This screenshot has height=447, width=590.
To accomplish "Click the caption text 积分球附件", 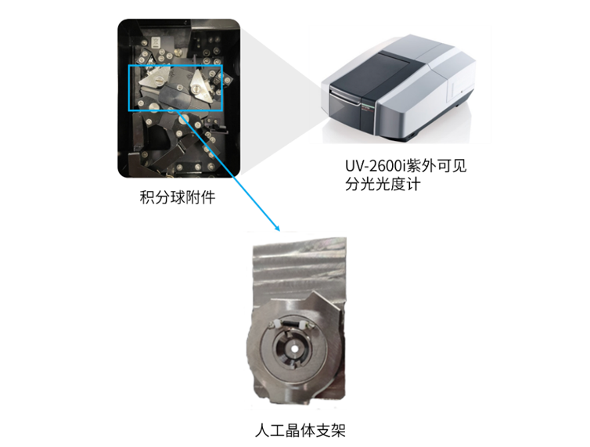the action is pos(178,197).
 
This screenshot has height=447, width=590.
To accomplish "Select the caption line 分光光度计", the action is pos(383,185).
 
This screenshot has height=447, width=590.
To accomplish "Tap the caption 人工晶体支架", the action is pos(300,430).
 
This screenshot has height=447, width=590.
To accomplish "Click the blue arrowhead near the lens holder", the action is pos(278,228).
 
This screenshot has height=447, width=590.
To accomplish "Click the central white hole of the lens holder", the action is pos(293,348).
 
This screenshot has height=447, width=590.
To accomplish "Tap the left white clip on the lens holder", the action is pos(277,323).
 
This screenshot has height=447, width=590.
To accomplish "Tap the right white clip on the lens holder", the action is pos(302,325).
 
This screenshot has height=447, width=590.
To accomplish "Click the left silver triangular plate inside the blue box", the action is pos(155,78).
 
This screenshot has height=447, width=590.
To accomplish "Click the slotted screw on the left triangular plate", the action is pos(160,80).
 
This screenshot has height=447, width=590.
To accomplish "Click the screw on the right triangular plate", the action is pos(196,88).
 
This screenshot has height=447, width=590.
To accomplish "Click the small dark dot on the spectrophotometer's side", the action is pos(462,91).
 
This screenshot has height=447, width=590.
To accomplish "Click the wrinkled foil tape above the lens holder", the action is pos(300,270).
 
